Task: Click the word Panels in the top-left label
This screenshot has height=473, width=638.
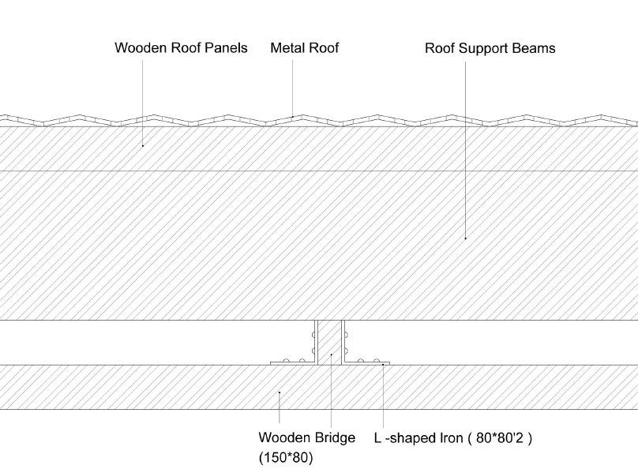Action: pos(226,48)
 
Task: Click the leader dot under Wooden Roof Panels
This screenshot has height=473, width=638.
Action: pos(142,145)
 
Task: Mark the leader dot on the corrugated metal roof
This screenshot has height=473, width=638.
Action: pos(293,117)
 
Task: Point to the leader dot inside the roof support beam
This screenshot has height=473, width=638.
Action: pos(465,237)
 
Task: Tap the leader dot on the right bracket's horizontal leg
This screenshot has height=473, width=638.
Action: pos(383,364)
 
